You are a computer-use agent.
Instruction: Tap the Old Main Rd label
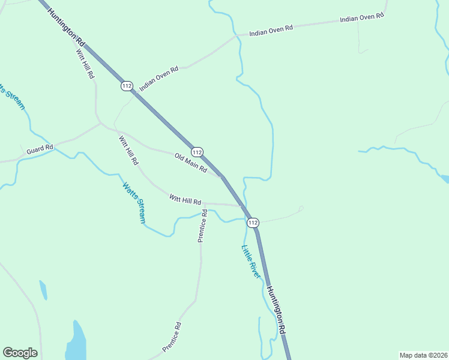point(191,164)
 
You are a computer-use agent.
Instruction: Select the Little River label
point(251,261)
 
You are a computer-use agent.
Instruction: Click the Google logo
point(20,353)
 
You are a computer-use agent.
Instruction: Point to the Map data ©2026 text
point(423,355)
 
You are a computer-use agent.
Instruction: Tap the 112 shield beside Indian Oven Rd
point(126,86)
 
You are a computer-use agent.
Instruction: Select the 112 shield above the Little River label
point(253,223)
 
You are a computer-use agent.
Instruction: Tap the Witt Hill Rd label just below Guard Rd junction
point(128,151)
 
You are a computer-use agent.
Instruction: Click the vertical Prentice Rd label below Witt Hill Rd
point(202,226)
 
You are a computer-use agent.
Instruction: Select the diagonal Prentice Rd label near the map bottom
point(172,337)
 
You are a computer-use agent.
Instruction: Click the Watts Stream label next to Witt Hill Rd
point(134,203)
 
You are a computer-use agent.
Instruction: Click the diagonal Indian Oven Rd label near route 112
point(159,79)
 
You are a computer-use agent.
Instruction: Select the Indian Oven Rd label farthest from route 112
point(361,18)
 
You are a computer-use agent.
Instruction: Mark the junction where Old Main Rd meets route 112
point(222,176)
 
